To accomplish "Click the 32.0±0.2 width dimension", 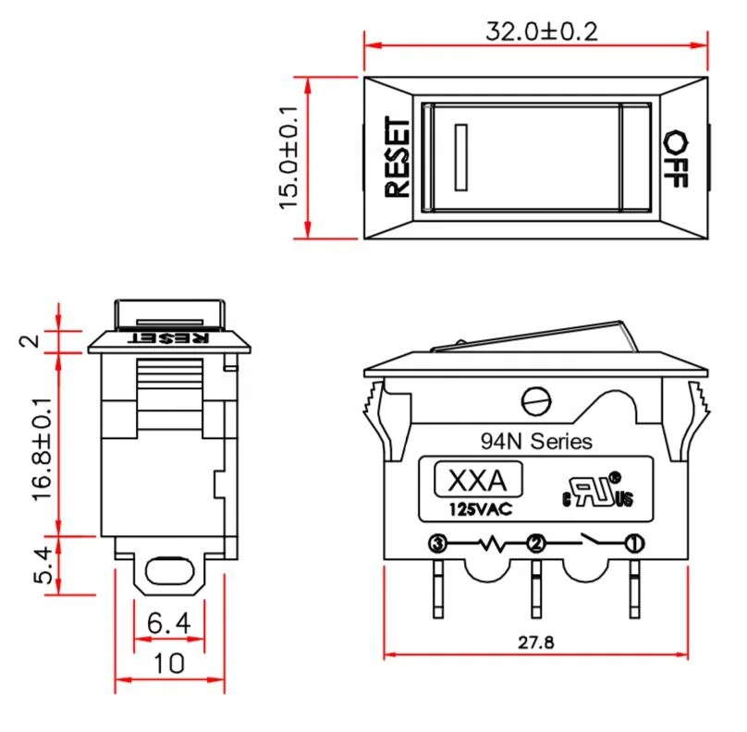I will coord(542,30).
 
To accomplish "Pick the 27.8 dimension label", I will coord(536,642).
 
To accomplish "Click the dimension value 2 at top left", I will coord(30,341).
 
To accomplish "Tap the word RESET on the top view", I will coord(397,157).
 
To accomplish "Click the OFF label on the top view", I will coord(677,158).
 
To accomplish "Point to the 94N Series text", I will coord(536,442).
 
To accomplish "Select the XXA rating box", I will coord(478,482).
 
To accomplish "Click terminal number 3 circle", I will coord(437,543).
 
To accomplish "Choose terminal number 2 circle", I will coord(534,543).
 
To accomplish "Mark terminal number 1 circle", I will coord(633,543).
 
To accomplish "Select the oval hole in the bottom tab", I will coord(168,566).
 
